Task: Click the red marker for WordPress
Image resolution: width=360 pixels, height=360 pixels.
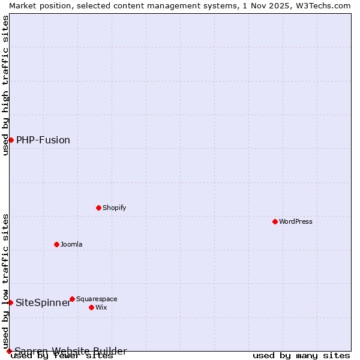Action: [275, 221]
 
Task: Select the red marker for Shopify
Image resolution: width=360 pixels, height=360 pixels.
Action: [98, 208]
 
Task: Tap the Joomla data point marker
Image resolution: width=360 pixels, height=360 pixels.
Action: [56, 244]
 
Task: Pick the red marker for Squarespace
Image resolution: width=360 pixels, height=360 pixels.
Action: [72, 299]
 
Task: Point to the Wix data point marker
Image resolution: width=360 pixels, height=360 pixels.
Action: [91, 307]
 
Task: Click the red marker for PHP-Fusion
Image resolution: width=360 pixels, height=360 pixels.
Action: [11, 140]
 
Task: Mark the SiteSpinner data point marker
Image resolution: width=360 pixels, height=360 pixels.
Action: [10, 302]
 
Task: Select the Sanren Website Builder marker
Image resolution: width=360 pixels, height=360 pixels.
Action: [9, 351]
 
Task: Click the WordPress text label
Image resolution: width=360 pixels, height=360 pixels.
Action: [296, 221]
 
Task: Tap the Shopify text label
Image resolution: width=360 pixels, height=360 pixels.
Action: [114, 208]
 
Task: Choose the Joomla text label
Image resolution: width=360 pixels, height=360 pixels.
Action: [71, 244]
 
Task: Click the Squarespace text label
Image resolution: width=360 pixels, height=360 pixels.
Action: [97, 299]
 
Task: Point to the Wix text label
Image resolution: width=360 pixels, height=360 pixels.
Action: [101, 307]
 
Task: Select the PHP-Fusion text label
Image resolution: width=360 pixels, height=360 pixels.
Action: [43, 140]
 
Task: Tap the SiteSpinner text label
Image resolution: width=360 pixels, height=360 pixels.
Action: [43, 302]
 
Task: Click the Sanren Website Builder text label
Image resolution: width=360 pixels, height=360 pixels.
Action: [71, 351]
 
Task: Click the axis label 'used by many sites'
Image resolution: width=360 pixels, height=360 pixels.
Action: [301, 355]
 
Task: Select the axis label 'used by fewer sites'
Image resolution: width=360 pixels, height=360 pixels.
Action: [62, 356]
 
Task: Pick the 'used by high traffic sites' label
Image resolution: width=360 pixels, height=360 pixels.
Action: [6, 85]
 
